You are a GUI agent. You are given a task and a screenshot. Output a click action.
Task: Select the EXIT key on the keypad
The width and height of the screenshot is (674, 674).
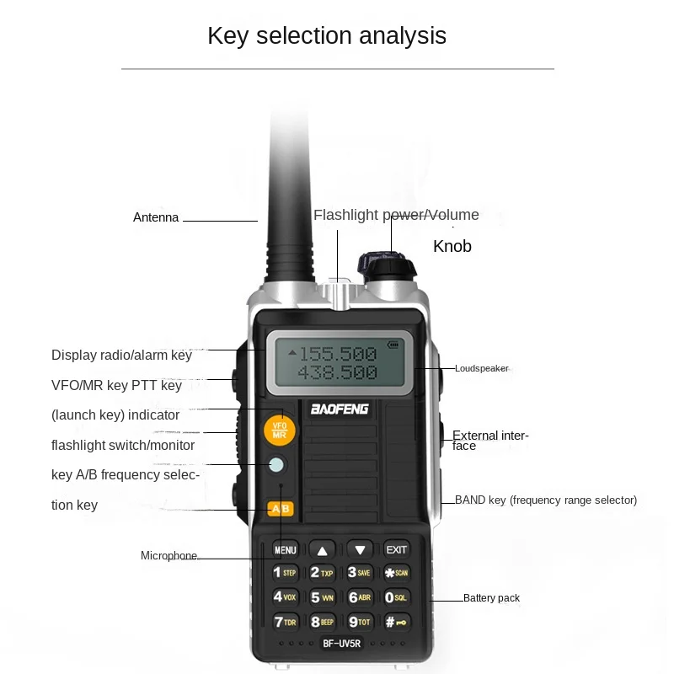(396, 549)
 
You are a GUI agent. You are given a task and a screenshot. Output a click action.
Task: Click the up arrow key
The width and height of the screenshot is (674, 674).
(322, 549)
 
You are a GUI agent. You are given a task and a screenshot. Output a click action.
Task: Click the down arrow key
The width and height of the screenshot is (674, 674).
(360, 549)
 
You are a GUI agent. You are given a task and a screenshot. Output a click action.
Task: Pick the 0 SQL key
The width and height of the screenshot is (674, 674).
(396, 597)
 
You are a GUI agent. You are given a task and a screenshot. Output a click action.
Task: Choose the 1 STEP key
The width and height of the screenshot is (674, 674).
(285, 573)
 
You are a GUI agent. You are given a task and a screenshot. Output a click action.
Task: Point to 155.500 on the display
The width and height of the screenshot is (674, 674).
(337, 353)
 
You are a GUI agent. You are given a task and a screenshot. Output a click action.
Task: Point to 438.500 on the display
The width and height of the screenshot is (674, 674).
(337, 372)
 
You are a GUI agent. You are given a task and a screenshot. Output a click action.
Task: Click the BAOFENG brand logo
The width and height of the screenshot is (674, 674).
(340, 410)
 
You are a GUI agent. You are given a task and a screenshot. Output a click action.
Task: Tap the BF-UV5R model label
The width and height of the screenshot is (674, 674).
(340, 645)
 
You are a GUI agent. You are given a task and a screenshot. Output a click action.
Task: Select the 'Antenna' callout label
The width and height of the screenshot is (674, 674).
(156, 217)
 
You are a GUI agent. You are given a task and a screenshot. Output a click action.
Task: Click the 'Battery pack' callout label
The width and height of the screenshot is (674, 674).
(491, 598)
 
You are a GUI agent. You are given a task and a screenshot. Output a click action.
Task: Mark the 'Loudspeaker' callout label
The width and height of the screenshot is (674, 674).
(481, 368)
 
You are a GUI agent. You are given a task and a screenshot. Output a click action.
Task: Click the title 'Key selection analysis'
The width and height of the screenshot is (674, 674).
(327, 35)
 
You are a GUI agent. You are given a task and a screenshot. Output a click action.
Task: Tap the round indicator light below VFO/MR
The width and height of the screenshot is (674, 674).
(277, 464)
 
